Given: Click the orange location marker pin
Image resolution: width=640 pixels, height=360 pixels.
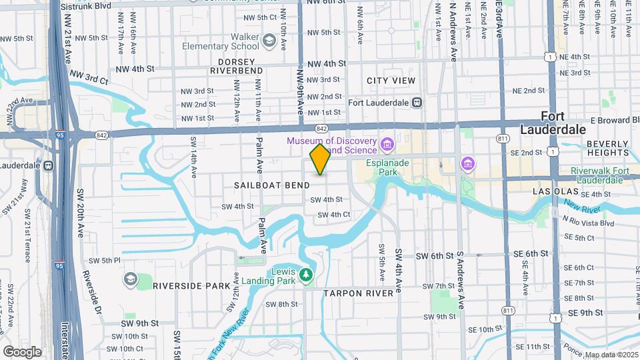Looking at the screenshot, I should pyautogui.click(x=321, y=159).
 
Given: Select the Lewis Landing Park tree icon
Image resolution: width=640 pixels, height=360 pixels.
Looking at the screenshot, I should pyautogui.click(x=306, y=274).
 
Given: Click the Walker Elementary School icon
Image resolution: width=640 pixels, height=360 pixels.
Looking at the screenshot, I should pyautogui.click(x=269, y=41).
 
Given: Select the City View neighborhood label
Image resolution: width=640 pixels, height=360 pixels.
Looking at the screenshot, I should pyautogui.click(x=391, y=81).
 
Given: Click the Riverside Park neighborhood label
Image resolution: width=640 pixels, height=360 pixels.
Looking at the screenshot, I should pyautogui.click(x=191, y=285).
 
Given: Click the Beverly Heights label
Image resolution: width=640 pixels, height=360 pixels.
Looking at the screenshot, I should pyautogui.click(x=608, y=148).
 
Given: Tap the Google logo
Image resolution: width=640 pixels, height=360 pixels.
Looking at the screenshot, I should pyautogui.click(x=22, y=351).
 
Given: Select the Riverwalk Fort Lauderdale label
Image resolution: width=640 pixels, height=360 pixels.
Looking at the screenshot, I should pyautogui.click(x=600, y=175).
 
